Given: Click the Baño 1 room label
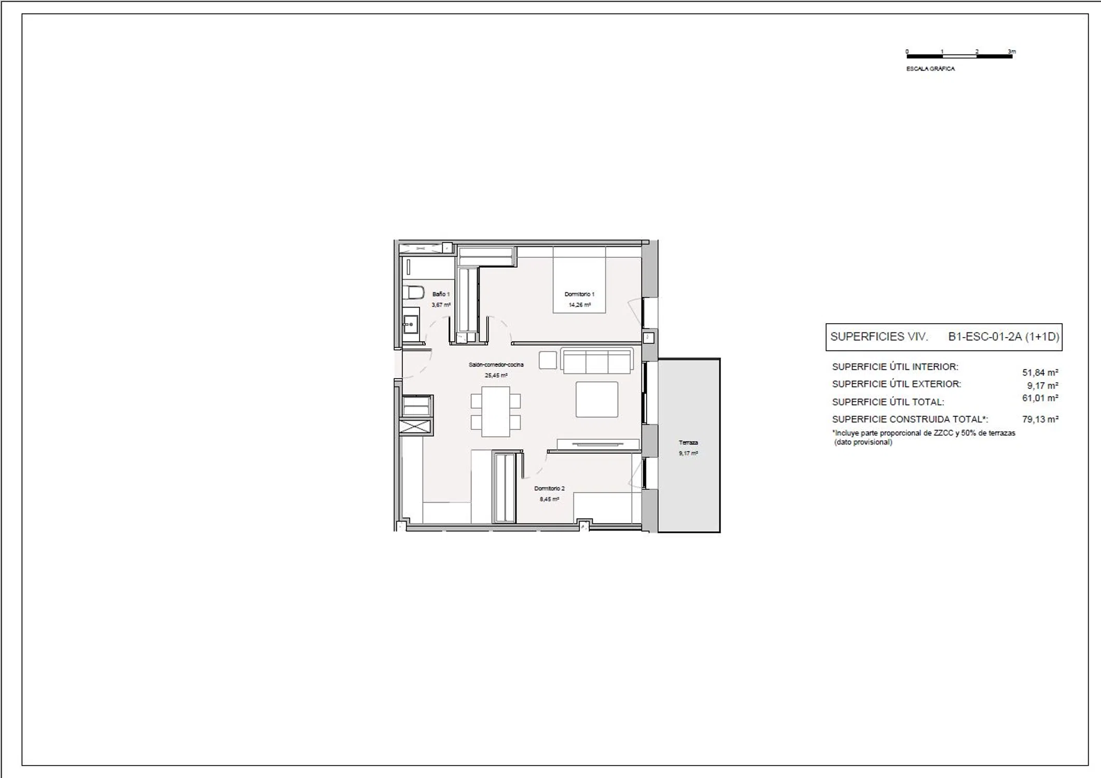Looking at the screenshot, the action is [441, 294].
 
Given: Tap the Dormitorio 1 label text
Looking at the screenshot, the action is [579, 294].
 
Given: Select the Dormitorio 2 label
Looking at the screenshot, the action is [549, 489].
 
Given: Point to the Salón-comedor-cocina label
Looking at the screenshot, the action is [496, 365].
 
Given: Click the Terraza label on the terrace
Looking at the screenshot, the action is [688, 442].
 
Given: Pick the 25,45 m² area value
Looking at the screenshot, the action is [496, 376].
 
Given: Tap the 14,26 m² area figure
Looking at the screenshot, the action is [579, 305].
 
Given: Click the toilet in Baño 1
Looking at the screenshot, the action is [413, 293].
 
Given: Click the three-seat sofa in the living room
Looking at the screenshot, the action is [597, 360].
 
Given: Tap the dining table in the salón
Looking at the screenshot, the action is [496, 412].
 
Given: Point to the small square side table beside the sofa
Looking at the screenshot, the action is [548, 360].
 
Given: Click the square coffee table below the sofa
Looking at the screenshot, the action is [597, 399].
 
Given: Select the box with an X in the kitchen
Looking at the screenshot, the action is [415, 427].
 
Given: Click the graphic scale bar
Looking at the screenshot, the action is [959, 56].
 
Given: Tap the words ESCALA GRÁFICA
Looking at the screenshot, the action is [930, 68].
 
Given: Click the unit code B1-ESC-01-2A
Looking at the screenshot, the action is [985, 337].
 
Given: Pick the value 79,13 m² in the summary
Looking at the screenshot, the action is [1040, 419].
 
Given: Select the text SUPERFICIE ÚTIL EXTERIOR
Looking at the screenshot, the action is [897, 384].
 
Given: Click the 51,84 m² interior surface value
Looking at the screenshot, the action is [1040, 372].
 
